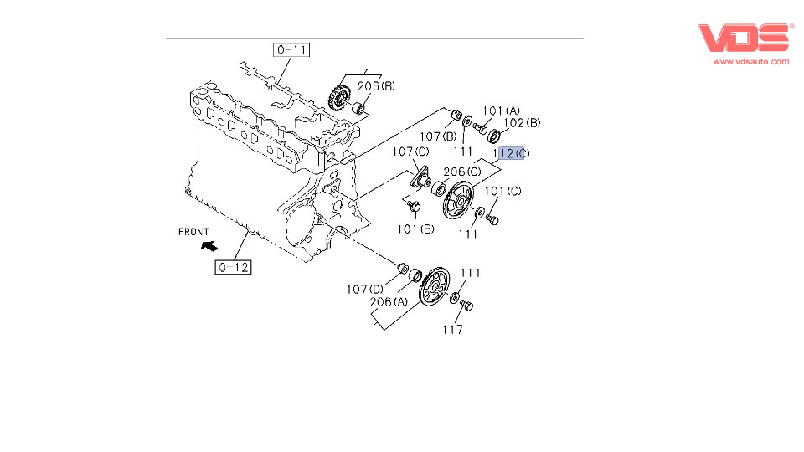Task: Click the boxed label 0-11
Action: pyautogui.click(x=291, y=49)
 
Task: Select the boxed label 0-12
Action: pyautogui.click(x=233, y=268)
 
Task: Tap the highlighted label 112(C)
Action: pyautogui.click(x=513, y=153)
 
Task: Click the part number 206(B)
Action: pyautogui.click(x=376, y=86)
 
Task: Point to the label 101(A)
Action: pyautogui.click(x=501, y=110)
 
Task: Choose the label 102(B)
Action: pyautogui.click(x=523, y=123)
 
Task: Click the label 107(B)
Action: pyautogui.click(x=438, y=136)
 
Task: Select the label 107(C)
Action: pyautogui.click(x=410, y=152)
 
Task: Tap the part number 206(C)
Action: pyautogui.click(x=461, y=172)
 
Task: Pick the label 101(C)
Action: pyautogui.click(x=502, y=191)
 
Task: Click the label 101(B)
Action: pyautogui.click(x=416, y=229)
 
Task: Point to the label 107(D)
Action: pyautogui.click(x=364, y=290)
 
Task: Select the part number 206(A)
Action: pyautogui.click(x=389, y=302)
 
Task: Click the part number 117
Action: pyautogui.click(x=453, y=330)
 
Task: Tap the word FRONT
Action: pyautogui.click(x=193, y=232)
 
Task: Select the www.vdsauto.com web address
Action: pyautogui.click(x=751, y=62)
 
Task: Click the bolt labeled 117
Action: pyautogui.click(x=466, y=306)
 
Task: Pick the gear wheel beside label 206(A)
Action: pyautogui.click(x=435, y=290)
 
